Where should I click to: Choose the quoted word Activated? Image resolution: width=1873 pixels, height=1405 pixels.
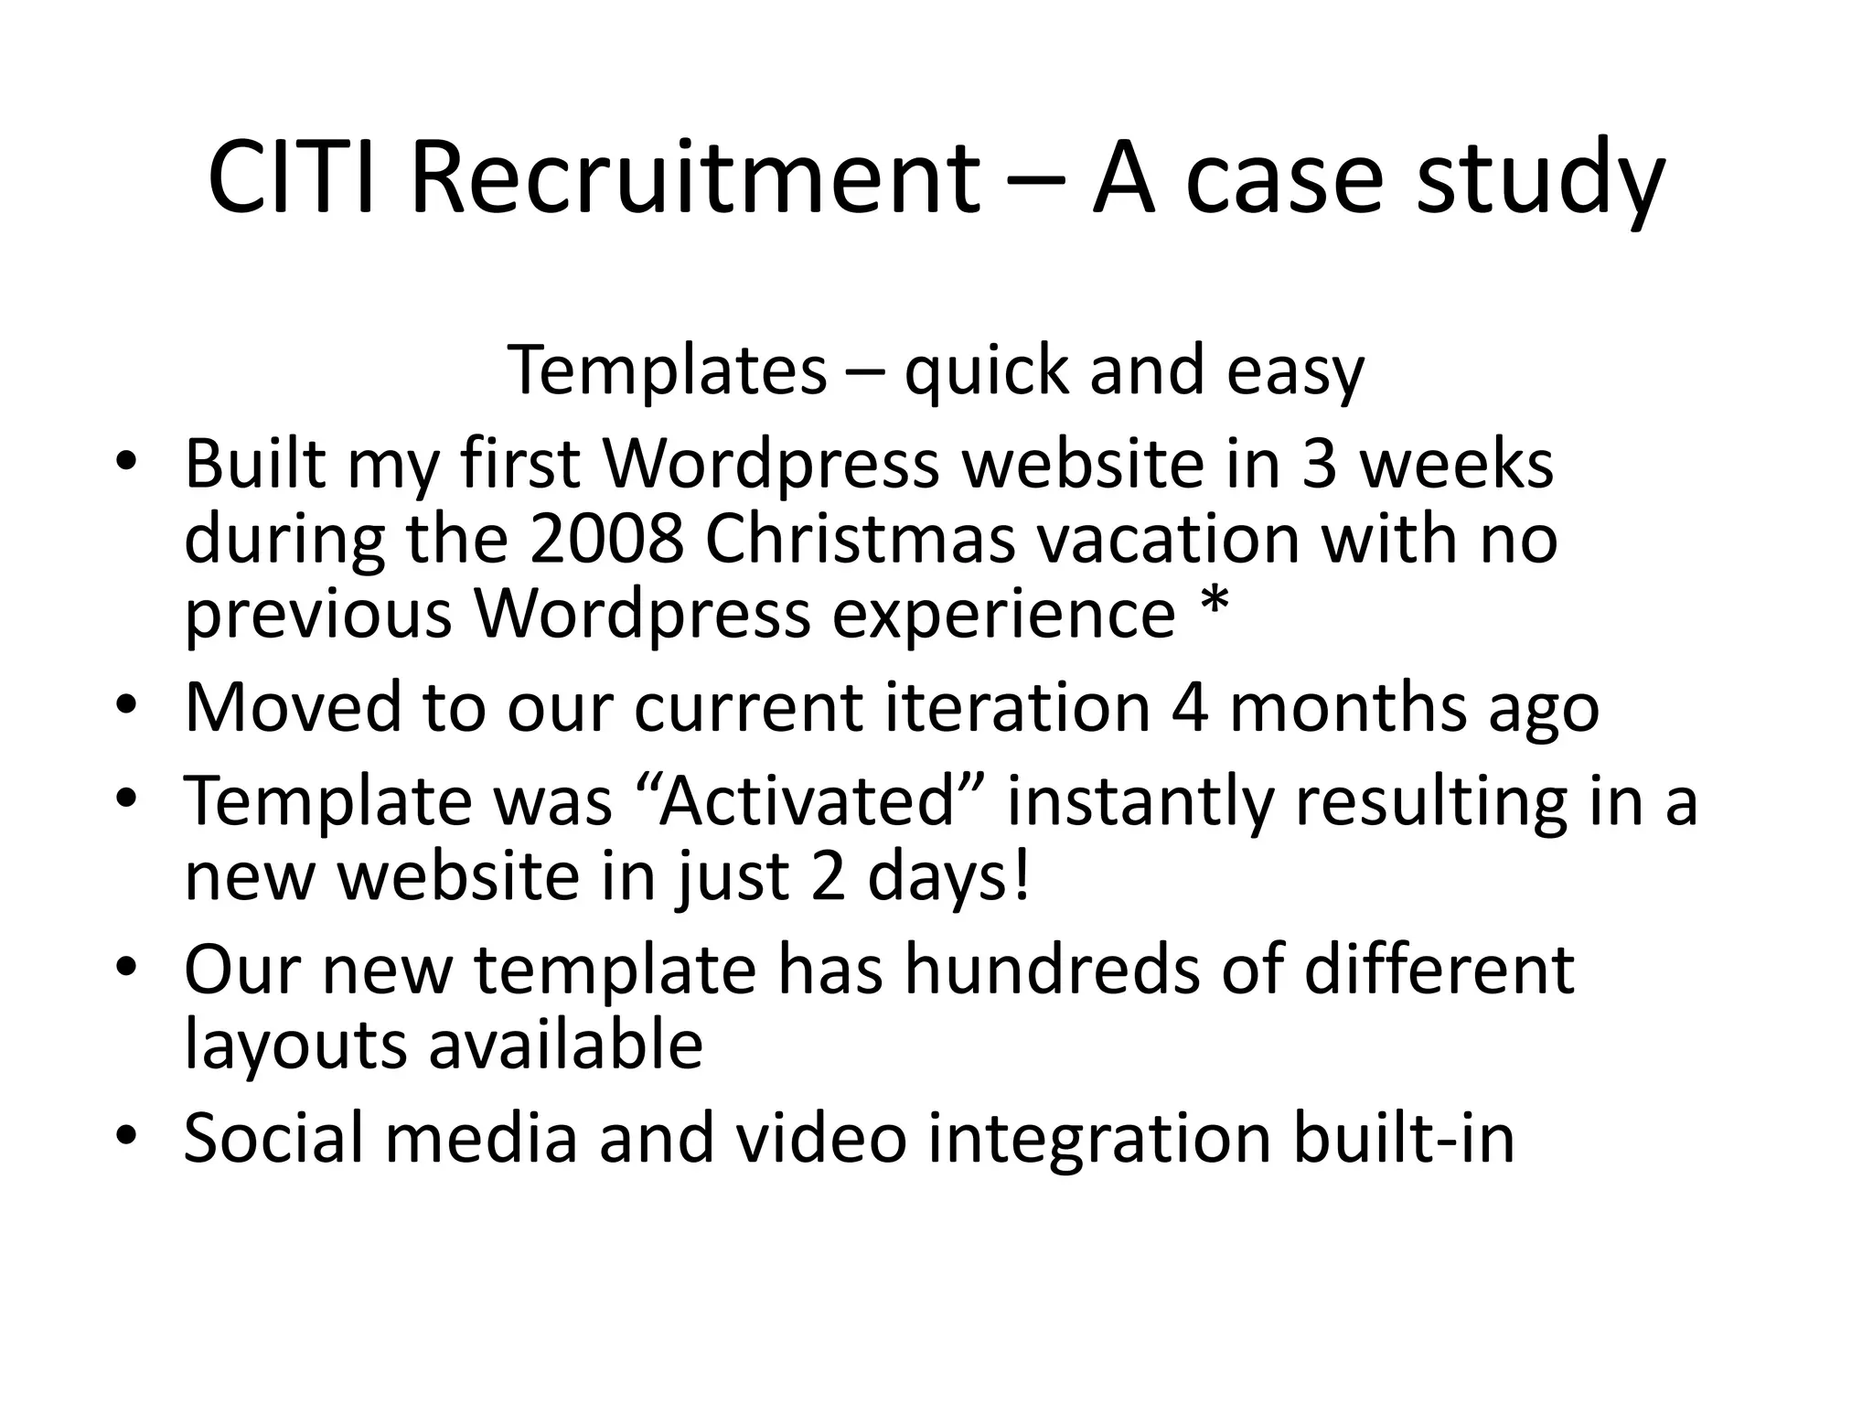pyautogui.click(x=806, y=801)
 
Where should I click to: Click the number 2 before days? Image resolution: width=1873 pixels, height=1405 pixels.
pyautogui.click(x=828, y=876)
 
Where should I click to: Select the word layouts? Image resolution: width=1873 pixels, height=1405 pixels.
pyautogui.click(x=296, y=1046)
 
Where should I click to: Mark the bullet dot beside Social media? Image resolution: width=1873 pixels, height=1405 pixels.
pyautogui.click(x=126, y=1135)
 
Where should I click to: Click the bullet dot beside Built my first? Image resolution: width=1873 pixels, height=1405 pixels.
pyautogui.click(x=126, y=461)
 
